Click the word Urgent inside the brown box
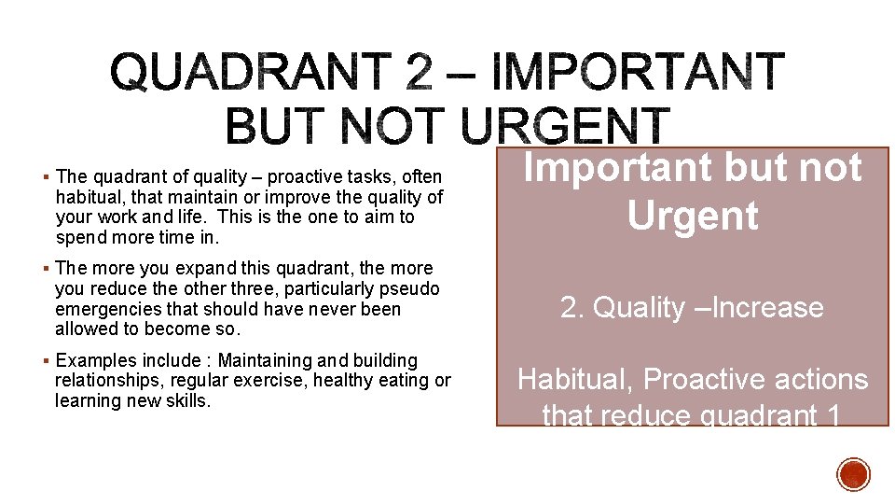click(692, 216)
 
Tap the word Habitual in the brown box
click(576, 380)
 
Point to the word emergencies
click(105, 309)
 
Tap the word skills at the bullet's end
click(189, 400)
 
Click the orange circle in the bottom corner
click(853, 474)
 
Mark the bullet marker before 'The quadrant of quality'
click(47, 177)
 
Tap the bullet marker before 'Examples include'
click(47, 361)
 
